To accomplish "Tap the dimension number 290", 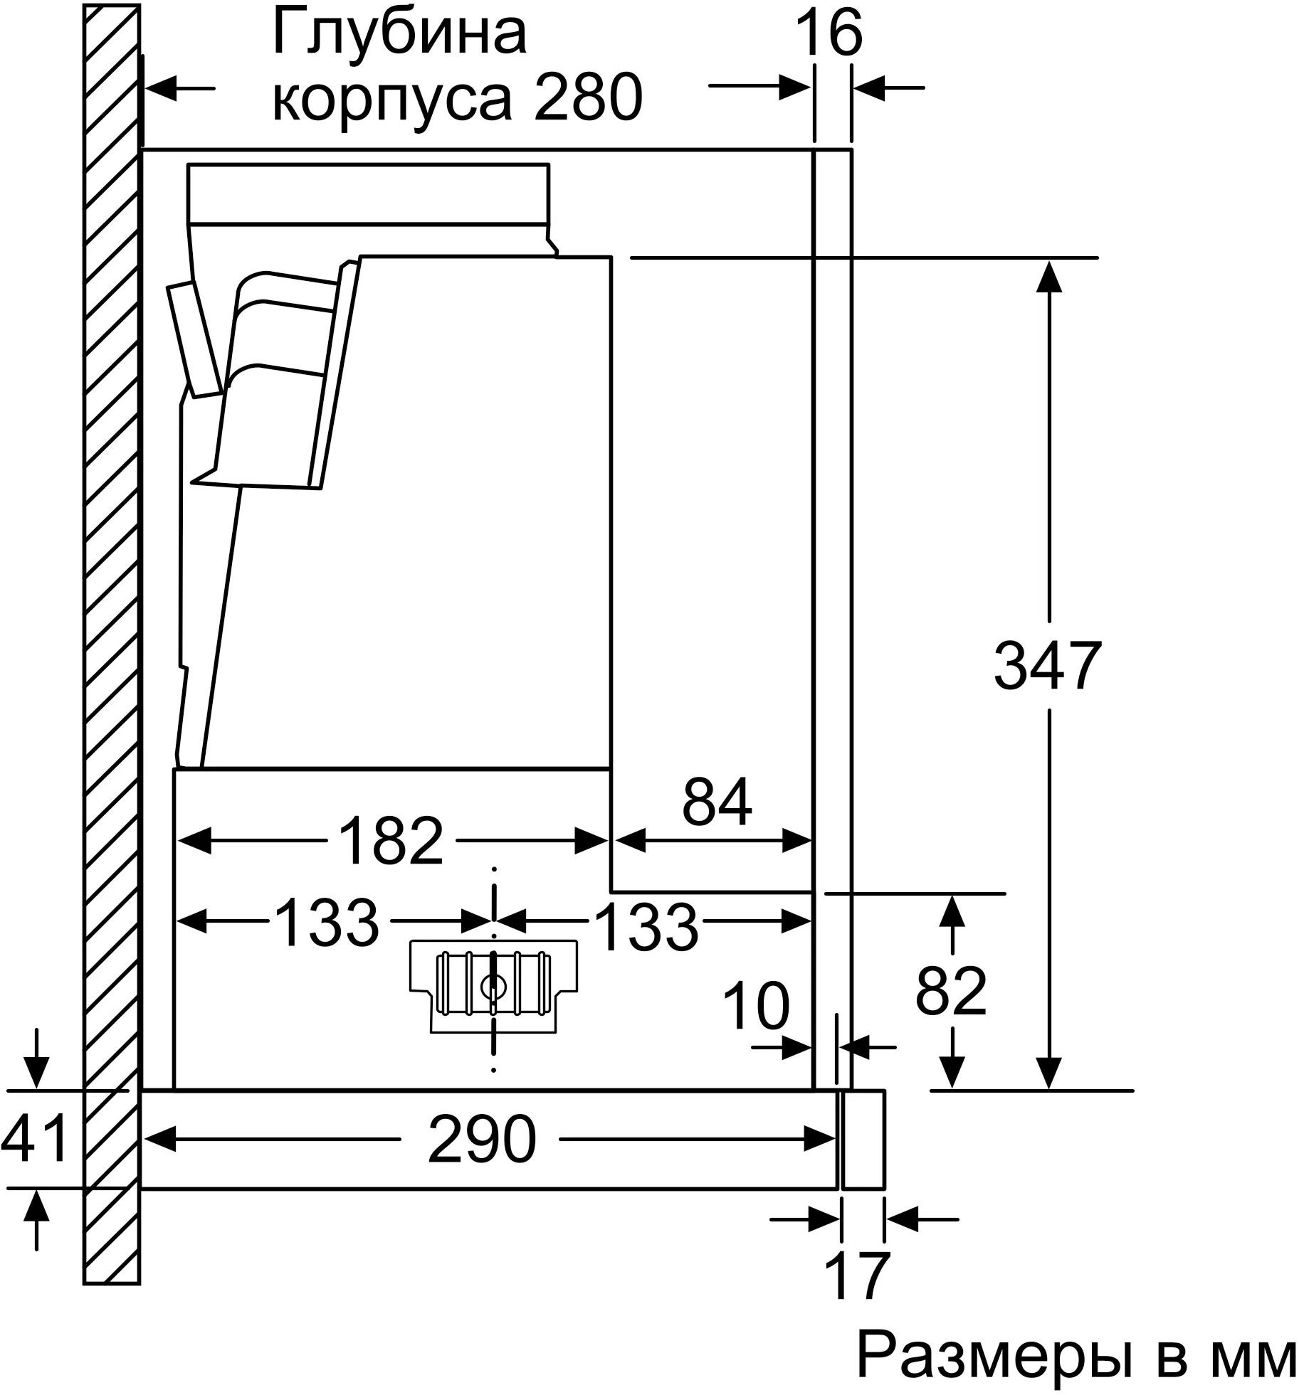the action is click(x=482, y=1140).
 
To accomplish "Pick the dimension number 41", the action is click(x=33, y=1139).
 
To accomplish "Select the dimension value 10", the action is click(x=756, y=1005).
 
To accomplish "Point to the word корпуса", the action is click(x=392, y=100).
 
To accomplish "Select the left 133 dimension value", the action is click(x=326, y=921).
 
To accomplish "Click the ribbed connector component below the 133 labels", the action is click(x=494, y=987).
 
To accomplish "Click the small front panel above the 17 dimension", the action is click(x=863, y=1139).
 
